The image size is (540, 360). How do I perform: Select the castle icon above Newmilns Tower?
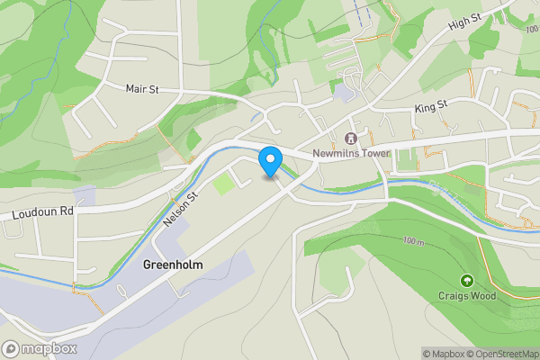tap(350, 138)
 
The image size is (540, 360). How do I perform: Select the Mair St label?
tap(142, 88)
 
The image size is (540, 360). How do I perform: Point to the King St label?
tap(431, 108)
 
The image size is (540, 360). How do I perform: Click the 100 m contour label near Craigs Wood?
tap(414, 242)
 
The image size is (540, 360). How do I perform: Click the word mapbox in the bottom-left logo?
tap(50, 348)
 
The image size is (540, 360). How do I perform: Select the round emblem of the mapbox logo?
tap(11, 348)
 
